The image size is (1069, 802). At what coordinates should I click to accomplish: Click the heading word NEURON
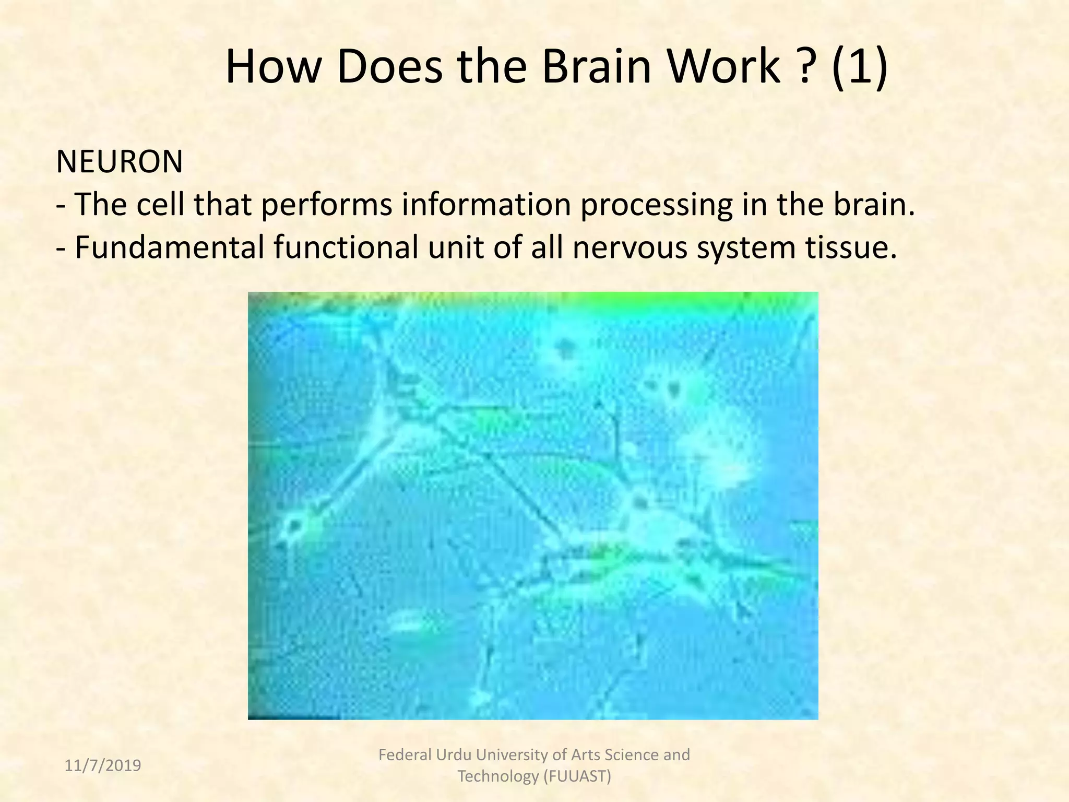coord(120,162)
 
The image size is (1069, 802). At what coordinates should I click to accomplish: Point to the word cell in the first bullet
coord(161,205)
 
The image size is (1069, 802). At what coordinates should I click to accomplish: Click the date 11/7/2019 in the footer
coord(103,765)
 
